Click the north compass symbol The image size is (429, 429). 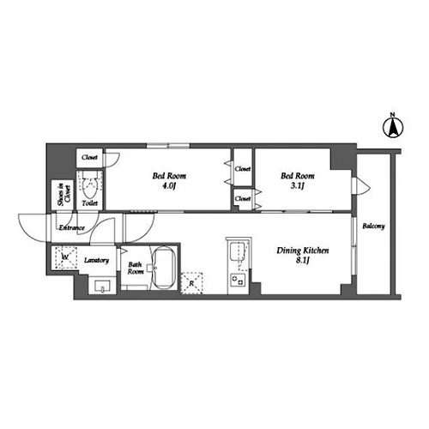[393, 128]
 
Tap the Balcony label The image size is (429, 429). [373, 227]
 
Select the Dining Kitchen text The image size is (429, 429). [303, 251]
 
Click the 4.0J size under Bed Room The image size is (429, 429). [169, 186]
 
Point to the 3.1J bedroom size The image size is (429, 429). [298, 186]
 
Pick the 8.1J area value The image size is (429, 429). [303, 261]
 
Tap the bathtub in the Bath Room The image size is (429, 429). [163, 269]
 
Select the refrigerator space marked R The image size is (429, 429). [192, 283]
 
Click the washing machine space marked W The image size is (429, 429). [66, 257]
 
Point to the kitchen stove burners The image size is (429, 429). [238, 280]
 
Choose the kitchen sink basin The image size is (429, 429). [238, 251]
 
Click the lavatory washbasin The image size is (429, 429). [102, 287]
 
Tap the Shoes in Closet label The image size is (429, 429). [63, 195]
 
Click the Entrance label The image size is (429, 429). [72, 228]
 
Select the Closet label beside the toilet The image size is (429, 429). [89, 157]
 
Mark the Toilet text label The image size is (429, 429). [90, 203]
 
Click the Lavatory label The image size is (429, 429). [96, 260]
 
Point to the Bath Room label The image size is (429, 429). [136, 269]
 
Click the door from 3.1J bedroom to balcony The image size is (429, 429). [361, 186]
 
